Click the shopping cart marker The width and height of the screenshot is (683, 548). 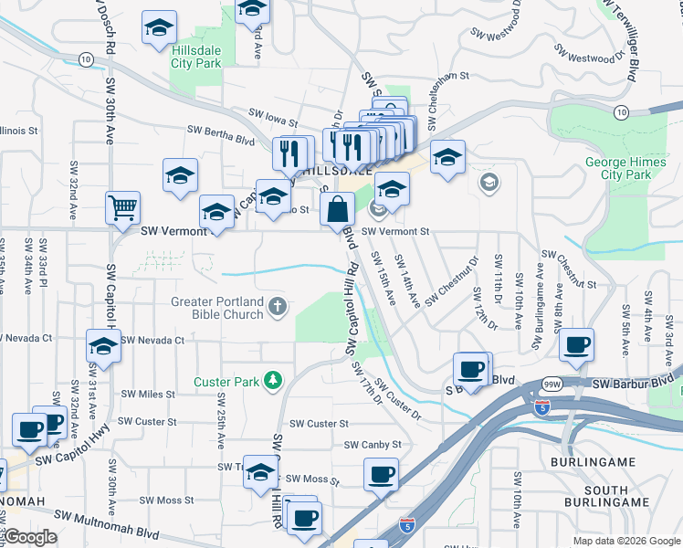(x=122, y=206)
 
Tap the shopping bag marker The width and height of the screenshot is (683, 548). (x=338, y=209)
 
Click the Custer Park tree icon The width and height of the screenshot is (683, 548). (x=272, y=379)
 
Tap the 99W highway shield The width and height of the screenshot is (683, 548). (x=552, y=385)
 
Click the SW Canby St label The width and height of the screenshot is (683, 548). (x=373, y=445)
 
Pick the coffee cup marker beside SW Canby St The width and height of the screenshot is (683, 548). (x=381, y=474)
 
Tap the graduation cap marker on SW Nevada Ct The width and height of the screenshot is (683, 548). (x=104, y=347)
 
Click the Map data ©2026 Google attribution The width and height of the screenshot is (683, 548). (x=625, y=541)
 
